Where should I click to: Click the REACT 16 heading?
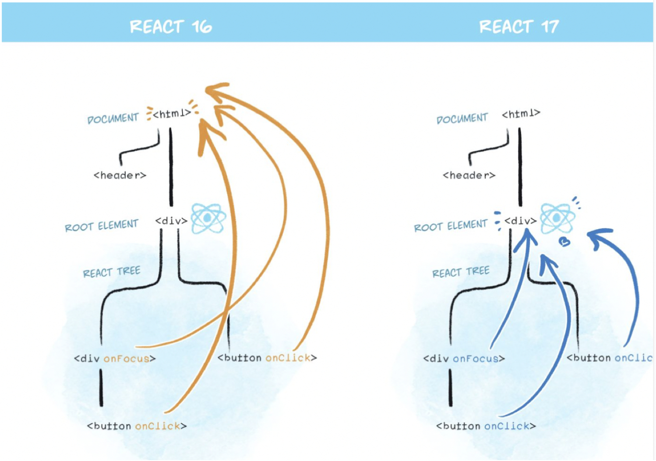click(x=171, y=27)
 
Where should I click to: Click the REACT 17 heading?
click(x=519, y=27)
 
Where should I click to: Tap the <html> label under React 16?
click(x=172, y=113)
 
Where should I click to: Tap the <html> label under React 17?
click(x=521, y=114)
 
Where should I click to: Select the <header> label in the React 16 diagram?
click(x=120, y=175)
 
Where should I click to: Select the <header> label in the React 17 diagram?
click(x=469, y=175)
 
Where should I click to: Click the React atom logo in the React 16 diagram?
click(x=208, y=218)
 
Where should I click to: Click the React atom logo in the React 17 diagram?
click(x=557, y=218)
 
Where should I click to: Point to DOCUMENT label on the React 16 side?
click(x=113, y=118)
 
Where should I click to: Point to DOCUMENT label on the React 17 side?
click(x=462, y=118)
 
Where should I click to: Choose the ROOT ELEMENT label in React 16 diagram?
click(x=102, y=226)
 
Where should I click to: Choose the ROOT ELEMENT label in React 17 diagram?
click(x=451, y=226)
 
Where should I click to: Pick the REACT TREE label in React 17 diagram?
click(x=461, y=272)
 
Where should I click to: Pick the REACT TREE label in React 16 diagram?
click(x=112, y=272)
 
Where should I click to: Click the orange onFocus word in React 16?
click(x=127, y=359)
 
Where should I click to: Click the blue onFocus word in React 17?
click(x=476, y=359)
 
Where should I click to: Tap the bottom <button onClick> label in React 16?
click(x=137, y=426)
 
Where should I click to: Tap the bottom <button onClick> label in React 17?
click(x=486, y=426)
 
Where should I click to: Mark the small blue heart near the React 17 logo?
click(x=565, y=241)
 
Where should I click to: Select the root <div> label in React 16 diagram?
click(x=171, y=221)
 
